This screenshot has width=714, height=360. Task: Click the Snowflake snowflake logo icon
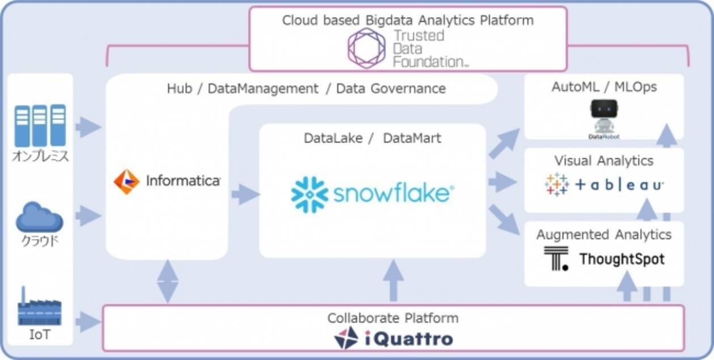click(310, 195)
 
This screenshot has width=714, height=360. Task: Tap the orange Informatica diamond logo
click(126, 181)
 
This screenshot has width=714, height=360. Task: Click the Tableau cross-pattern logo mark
click(557, 184)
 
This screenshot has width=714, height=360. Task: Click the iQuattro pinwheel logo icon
click(346, 338)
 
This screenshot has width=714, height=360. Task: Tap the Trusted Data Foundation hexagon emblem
click(366, 48)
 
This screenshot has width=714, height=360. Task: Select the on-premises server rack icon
click(40, 125)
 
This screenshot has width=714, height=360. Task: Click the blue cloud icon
click(39, 218)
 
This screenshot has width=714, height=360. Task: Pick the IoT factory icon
click(39, 309)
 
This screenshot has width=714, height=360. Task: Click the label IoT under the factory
click(39, 335)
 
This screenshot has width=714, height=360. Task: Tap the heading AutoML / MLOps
click(604, 87)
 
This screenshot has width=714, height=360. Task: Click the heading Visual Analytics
click(604, 161)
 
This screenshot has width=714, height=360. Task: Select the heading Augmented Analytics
click(604, 234)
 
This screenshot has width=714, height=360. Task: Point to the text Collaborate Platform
click(392, 318)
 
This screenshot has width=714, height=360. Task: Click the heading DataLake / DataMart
click(372, 138)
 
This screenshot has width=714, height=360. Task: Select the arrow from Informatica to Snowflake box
click(245, 194)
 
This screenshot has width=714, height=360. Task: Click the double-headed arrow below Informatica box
click(167, 281)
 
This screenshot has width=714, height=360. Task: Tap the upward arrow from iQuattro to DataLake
click(392, 280)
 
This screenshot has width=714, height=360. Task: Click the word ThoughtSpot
click(622, 260)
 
